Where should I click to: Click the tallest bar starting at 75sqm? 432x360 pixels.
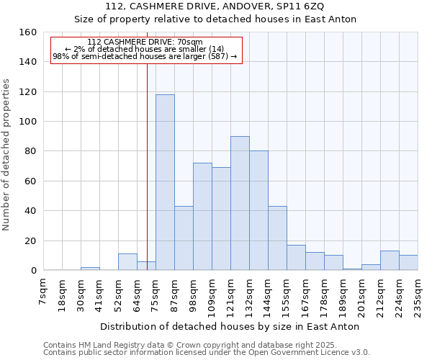point(165,182)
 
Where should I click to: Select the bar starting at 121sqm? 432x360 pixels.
point(240,203)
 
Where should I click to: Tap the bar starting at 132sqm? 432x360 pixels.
point(258,210)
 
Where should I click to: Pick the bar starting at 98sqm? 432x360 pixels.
point(202,217)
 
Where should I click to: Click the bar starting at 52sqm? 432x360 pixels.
point(127,262)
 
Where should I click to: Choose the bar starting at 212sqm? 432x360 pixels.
point(390,261)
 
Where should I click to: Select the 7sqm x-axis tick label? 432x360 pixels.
point(44,294)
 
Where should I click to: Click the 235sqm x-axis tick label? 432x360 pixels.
point(418,297)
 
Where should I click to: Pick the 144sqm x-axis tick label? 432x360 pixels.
point(269,297)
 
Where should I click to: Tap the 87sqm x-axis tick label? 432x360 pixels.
point(175,295)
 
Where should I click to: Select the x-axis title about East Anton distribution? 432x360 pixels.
point(230,326)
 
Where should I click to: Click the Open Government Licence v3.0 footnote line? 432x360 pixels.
point(207,352)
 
